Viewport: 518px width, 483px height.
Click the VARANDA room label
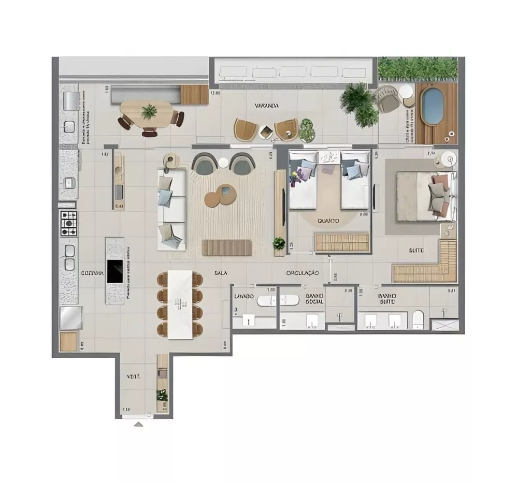click(x=267, y=106)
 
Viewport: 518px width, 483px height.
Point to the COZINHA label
click(x=92, y=273)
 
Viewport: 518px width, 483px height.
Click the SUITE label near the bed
click(x=416, y=251)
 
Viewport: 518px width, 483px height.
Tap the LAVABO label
click(x=243, y=296)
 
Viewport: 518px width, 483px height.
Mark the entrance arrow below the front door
click(x=138, y=425)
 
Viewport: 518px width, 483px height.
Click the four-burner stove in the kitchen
click(x=69, y=223)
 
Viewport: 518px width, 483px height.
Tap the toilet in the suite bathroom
click(x=418, y=319)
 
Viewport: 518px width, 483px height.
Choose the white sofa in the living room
click(x=171, y=210)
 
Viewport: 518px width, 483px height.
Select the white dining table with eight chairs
click(x=180, y=305)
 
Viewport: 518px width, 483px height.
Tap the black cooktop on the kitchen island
click(x=114, y=271)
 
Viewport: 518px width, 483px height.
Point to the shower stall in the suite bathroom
click(x=445, y=325)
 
